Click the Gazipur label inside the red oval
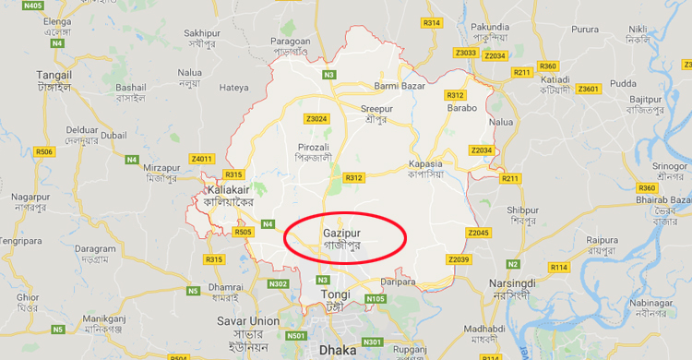[343, 234]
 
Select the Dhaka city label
[337, 350]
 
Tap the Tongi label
[334, 294]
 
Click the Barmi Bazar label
[398, 87]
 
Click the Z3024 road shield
[316, 118]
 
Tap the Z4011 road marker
[201, 159]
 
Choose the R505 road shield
[244, 233]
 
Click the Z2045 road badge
[479, 232]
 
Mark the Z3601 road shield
[588, 89]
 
